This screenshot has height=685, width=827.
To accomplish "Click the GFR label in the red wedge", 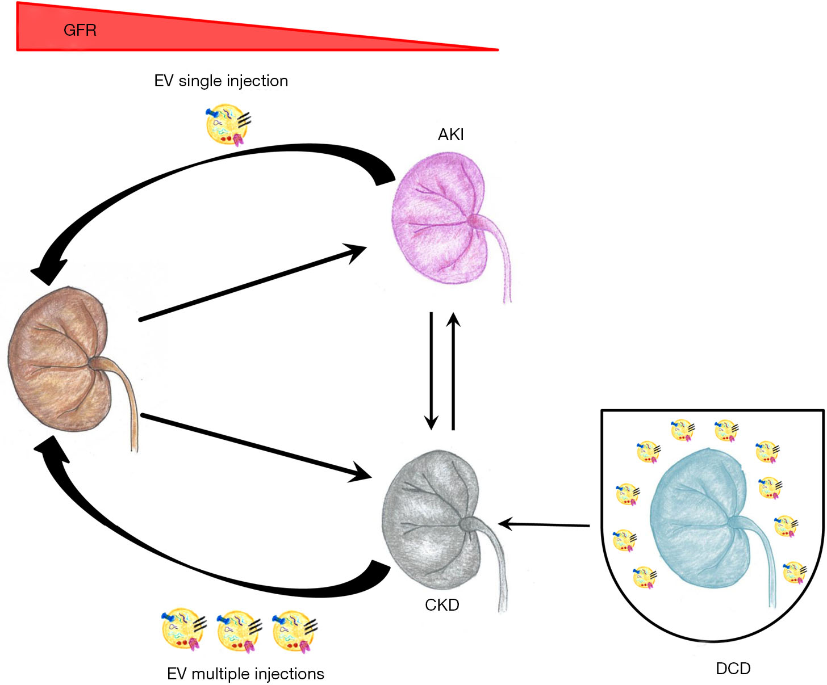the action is point(80,30).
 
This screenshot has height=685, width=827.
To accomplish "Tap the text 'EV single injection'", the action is point(221,81).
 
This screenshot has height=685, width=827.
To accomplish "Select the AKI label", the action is point(450,135).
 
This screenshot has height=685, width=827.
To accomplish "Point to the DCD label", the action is point(733,669).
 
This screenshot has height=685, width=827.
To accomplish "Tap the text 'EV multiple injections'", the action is point(245,674).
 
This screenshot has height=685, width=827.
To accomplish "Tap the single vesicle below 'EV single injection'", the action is point(228,124).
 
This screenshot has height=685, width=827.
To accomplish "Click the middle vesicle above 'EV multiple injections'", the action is point(239,631).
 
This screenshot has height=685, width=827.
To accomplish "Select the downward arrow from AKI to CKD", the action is point(431,371).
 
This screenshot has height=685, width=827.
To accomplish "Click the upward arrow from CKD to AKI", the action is point(453,371).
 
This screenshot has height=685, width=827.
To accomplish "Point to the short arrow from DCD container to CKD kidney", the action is point(544,524).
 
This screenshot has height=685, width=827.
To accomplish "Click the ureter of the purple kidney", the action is point(500,257).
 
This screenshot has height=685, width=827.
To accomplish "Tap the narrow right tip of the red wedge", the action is point(498,50).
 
